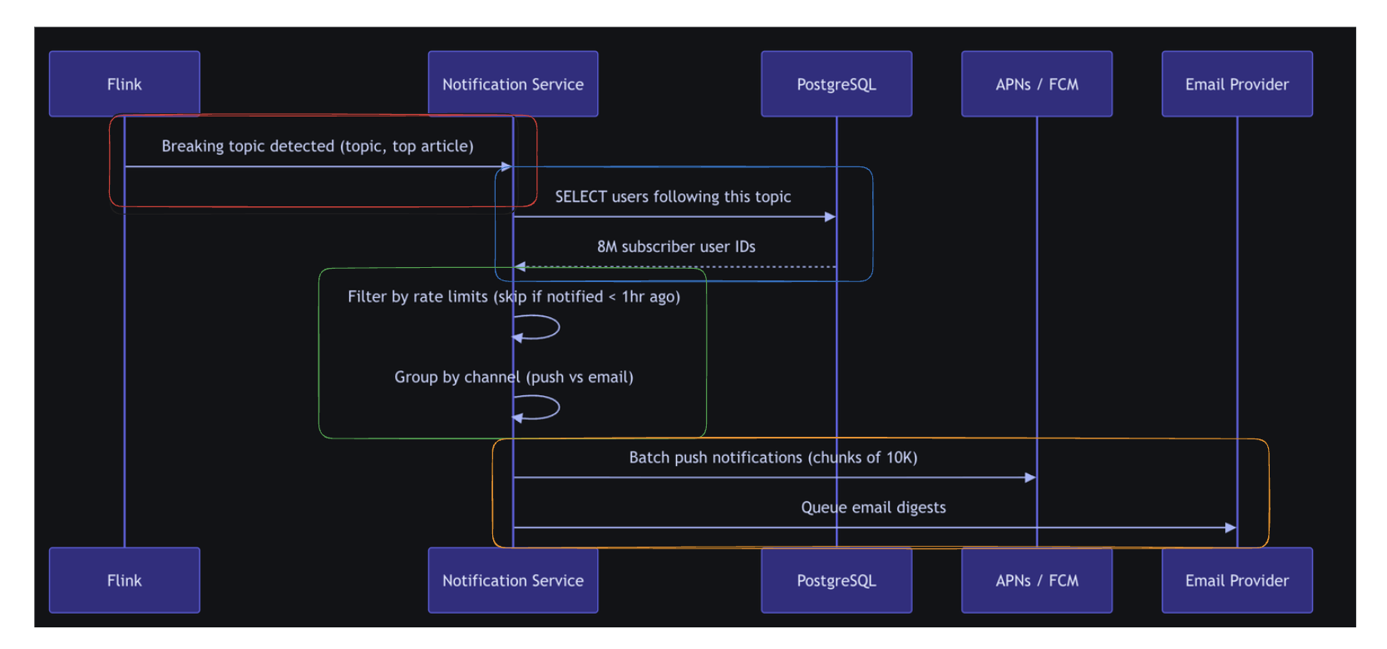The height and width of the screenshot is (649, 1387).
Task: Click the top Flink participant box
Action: point(125,84)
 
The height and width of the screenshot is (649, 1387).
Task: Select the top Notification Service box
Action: point(513,84)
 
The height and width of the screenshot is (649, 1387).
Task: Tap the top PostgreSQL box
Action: point(837,84)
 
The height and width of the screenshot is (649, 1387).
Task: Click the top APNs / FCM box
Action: point(1037,84)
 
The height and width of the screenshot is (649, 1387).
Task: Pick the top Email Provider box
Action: point(1237,84)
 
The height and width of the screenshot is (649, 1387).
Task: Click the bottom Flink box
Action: point(125,580)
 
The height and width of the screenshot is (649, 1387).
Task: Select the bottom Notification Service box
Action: point(513,580)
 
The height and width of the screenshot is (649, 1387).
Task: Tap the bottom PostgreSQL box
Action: point(837,580)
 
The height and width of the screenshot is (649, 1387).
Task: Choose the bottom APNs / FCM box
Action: point(1037,580)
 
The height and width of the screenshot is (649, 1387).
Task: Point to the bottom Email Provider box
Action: point(1237,580)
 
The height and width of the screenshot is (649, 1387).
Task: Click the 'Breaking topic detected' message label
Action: point(318,146)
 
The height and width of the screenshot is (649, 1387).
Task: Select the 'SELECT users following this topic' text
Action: point(673,196)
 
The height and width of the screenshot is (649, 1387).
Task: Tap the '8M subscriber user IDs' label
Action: point(676,247)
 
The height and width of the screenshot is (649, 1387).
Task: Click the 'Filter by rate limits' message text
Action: point(514,297)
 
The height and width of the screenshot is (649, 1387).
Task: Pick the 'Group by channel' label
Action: point(514,378)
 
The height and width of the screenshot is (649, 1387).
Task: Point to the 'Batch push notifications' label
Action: point(773,458)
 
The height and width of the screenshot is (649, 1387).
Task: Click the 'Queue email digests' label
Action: point(874,508)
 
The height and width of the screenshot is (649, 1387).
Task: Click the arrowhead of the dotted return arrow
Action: point(520,266)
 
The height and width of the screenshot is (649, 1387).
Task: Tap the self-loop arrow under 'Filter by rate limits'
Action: point(559,327)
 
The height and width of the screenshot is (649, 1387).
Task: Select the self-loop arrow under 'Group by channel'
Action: point(559,407)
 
